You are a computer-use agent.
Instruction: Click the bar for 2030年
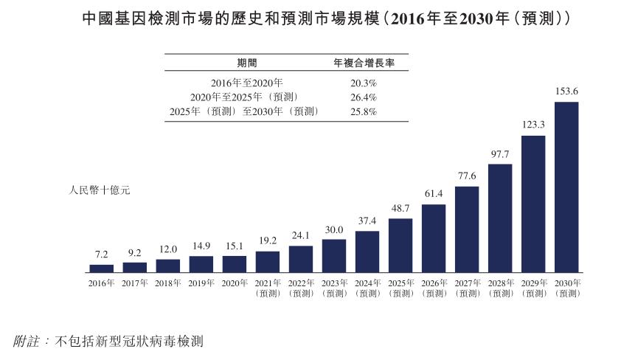pyautogui.click(x=566, y=187)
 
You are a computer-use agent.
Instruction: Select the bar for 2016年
pyautogui.click(x=101, y=269)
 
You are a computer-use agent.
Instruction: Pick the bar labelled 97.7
pyautogui.click(x=500, y=218)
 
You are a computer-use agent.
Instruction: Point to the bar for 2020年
pyautogui.click(x=235, y=264)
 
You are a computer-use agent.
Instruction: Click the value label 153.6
pyautogui.click(x=566, y=91)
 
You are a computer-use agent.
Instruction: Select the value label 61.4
pyautogui.click(x=434, y=193)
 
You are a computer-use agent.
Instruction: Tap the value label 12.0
pyautogui.click(x=167, y=249)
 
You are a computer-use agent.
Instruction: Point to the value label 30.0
pyautogui.click(x=333, y=229)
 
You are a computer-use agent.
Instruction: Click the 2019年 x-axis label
pyautogui.click(x=201, y=283)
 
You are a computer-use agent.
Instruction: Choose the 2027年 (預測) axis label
pyautogui.click(x=467, y=288)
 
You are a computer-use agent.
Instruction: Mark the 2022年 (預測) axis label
pyautogui.click(x=300, y=288)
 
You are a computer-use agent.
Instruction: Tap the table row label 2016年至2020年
pyautogui.click(x=247, y=83)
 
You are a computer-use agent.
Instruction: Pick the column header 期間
pyautogui.click(x=247, y=63)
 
